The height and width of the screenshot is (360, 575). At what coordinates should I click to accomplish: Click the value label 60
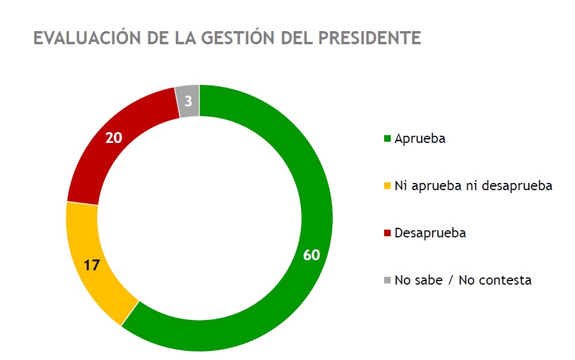[311, 255]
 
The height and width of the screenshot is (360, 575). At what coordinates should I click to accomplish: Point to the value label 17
[91, 266]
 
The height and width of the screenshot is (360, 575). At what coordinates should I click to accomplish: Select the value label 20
[114, 138]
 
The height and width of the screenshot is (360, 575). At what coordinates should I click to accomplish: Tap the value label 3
[188, 102]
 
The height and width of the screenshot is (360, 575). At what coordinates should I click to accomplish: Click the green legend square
[387, 139]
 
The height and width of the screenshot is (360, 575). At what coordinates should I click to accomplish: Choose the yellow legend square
[387, 186]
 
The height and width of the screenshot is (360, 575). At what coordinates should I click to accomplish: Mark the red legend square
[387, 233]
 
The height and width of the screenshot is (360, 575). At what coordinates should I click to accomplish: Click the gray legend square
[387, 280]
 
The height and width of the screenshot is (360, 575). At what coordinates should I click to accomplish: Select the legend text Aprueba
[420, 139]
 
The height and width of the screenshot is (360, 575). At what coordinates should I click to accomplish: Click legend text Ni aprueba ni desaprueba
[473, 186]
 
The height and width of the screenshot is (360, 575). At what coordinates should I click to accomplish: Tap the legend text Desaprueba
[430, 233]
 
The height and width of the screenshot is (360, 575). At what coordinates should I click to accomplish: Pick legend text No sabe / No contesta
[463, 280]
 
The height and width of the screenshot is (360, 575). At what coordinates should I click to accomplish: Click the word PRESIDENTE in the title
[369, 38]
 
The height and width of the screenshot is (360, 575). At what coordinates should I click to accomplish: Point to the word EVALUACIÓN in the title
[84, 38]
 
